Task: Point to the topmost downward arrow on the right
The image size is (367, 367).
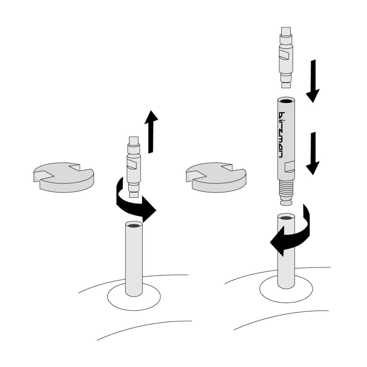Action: point(313,81)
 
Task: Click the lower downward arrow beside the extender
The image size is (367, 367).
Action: point(313,153)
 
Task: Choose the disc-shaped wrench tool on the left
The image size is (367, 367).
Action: point(64,177)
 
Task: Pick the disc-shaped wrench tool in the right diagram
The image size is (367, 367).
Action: point(216,177)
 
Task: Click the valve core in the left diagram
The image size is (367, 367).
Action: point(134,167)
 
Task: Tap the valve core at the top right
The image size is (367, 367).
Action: point(286,57)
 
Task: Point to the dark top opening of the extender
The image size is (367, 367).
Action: point(286,101)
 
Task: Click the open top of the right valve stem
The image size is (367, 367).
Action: point(286,218)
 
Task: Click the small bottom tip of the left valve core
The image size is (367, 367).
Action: point(134,195)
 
